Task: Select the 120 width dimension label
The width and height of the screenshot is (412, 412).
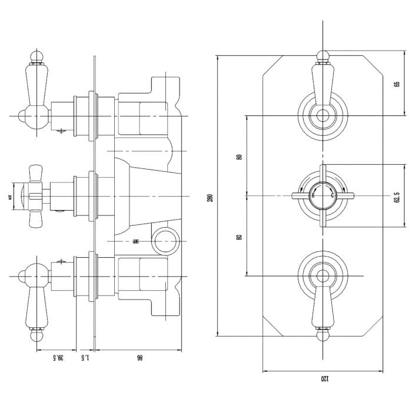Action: tap(323, 380)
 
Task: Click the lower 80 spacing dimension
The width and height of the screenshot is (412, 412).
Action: tap(238, 236)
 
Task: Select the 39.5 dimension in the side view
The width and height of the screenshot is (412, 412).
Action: tap(57, 357)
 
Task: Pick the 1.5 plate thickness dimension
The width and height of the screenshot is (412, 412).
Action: tap(85, 357)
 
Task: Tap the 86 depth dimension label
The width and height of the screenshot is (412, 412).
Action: tap(139, 357)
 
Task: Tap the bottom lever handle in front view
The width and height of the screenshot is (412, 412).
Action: tap(321, 306)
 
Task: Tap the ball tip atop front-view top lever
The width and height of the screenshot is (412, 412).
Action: tap(321, 57)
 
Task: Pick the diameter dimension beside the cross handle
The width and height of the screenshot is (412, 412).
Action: tap(10, 198)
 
